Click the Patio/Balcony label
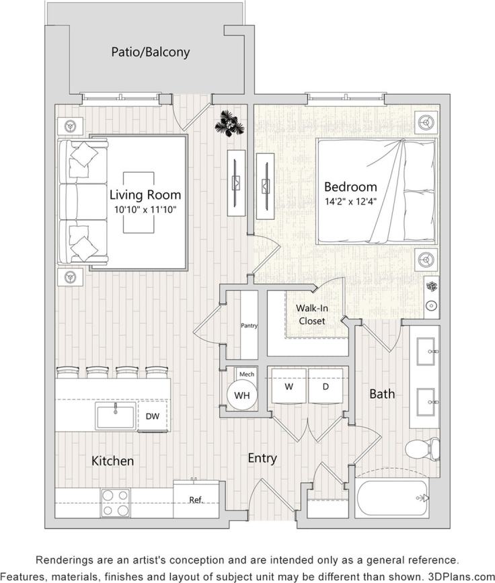click(x=151, y=52)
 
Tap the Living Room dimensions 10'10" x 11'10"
click(x=145, y=209)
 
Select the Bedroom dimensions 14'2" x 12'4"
click(x=350, y=200)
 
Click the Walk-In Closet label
click(x=311, y=314)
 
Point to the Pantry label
click(x=250, y=325)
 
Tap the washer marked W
click(x=288, y=388)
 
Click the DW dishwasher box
click(x=153, y=417)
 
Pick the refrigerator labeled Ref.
click(x=196, y=499)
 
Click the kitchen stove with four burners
click(x=115, y=502)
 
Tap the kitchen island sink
click(x=116, y=417)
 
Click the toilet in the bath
click(x=424, y=448)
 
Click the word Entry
click(x=262, y=458)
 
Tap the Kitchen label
click(x=112, y=461)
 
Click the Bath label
click(x=382, y=393)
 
